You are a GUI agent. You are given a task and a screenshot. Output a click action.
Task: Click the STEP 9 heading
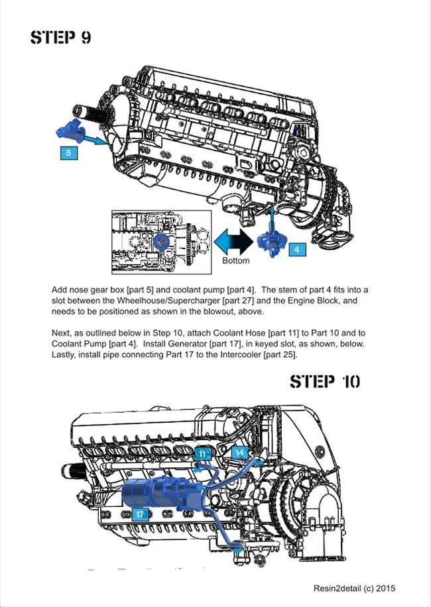61,37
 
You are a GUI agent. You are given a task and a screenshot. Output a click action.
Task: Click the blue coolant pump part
271,239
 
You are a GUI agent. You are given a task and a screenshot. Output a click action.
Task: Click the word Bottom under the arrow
235,260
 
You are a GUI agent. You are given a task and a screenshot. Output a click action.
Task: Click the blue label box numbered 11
204,453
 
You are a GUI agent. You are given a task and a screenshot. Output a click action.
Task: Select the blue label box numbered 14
239,452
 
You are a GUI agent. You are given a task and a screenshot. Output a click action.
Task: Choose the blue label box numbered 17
139,514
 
